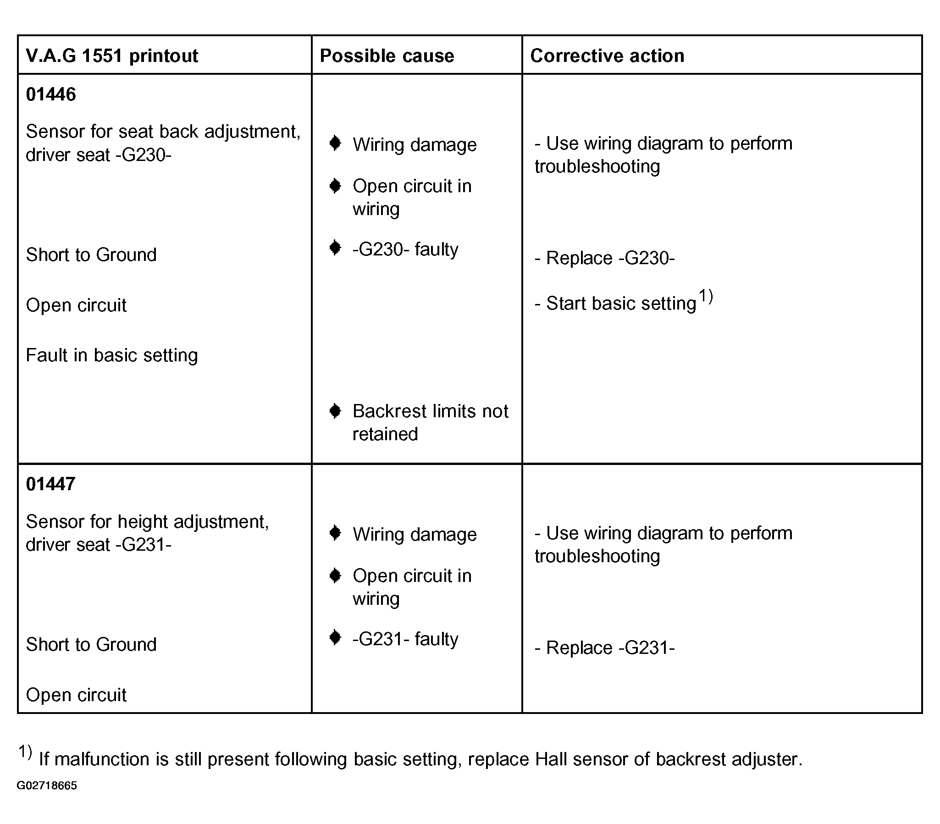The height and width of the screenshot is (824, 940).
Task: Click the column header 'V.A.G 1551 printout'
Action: tap(112, 55)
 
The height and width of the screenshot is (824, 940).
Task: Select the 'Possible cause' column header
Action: tap(387, 55)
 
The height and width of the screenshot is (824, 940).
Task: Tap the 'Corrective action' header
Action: tap(607, 55)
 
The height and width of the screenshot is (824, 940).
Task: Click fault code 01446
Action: tap(50, 94)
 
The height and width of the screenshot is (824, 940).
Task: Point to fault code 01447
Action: tap(50, 484)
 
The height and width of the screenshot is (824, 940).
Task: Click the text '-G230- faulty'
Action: tap(405, 249)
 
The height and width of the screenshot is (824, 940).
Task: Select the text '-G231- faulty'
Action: tap(405, 639)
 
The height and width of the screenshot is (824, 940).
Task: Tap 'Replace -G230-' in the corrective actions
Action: tap(605, 258)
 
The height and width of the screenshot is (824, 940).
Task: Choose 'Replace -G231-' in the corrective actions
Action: tap(605, 647)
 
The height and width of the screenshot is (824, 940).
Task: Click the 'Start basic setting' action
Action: tap(616, 304)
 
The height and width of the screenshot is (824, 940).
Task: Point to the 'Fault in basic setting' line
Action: tap(112, 355)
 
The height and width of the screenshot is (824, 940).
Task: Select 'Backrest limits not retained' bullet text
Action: tap(430, 422)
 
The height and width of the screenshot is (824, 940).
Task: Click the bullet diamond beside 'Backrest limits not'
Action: tap(335, 410)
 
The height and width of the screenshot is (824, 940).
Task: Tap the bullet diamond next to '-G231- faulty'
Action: tap(335, 638)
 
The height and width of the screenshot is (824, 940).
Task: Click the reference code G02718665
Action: tap(47, 785)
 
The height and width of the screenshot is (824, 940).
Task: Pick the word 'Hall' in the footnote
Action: tap(551, 759)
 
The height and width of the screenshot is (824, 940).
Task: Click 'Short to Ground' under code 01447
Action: tap(91, 644)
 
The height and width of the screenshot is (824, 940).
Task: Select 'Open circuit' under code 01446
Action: tap(76, 305)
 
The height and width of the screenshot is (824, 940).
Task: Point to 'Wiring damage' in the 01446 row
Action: tap(415, 145)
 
